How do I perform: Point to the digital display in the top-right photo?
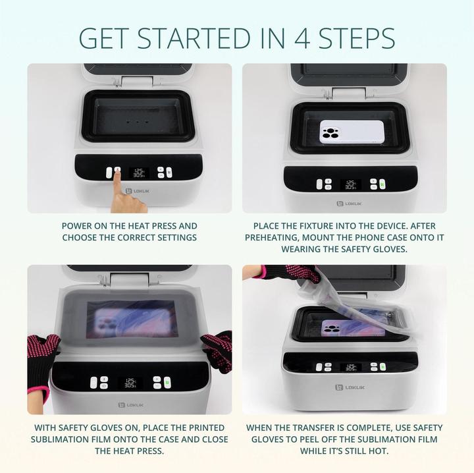pos(351,185)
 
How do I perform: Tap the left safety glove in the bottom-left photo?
pos(42,356)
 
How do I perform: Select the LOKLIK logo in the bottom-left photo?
pos(129,404)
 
